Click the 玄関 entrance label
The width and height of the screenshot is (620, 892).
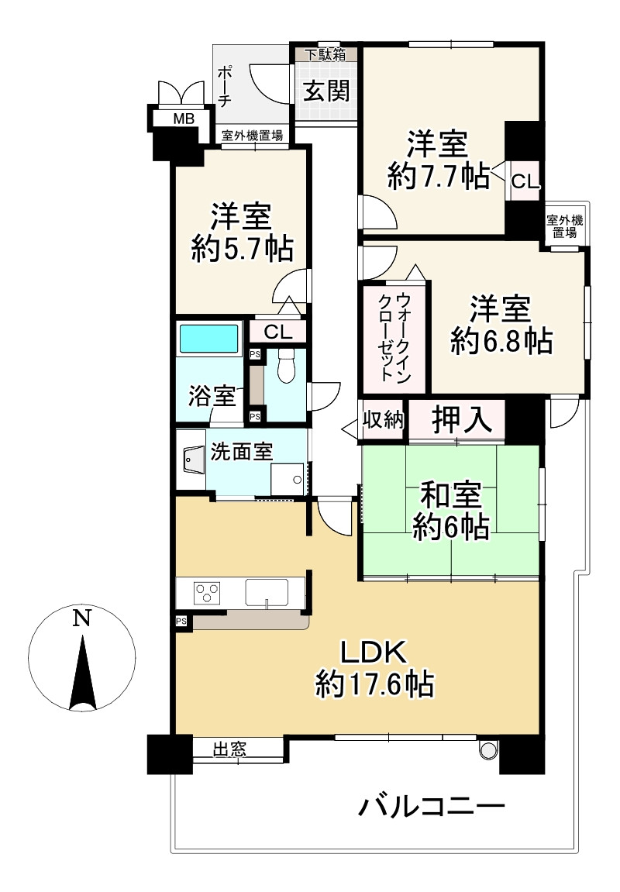point(325,91)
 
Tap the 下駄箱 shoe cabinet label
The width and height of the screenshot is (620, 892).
point(325,54)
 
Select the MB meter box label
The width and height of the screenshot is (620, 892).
point(183,119)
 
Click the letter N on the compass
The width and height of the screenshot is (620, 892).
point(81,618)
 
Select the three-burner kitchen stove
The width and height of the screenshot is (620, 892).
point(208,593)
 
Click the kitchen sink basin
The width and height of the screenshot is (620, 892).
point(266,592)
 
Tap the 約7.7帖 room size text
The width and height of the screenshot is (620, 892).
point(438,177)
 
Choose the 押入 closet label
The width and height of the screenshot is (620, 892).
point(461,420)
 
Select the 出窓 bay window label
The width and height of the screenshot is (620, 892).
point(229,749)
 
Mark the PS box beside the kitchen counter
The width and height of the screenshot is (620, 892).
point(181,621)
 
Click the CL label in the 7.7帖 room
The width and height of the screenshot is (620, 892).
point(524,183)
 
